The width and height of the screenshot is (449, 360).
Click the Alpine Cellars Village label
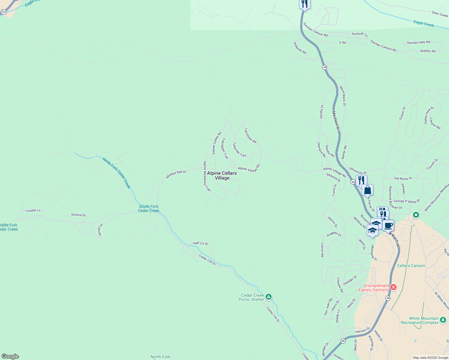point(222,175)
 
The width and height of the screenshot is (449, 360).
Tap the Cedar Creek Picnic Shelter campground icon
point(269,297)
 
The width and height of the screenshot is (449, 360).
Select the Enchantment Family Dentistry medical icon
point(393,287)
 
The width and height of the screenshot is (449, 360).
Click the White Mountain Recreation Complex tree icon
point(443,320)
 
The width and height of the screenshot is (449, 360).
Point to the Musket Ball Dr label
point(176,174)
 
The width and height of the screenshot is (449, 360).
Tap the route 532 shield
point(4,12)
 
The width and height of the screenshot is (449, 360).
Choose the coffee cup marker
point(388,226)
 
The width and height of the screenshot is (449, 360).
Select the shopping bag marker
point(367,190)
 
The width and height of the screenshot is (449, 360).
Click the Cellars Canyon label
point(411,265)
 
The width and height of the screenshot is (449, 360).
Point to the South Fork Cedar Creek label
point(149,208)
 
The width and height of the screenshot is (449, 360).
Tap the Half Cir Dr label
point(200,243)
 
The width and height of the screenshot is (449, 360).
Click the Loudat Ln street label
point(33,210)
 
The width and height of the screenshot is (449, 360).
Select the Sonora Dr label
point(78,215)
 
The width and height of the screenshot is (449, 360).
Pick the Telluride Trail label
point(239,149)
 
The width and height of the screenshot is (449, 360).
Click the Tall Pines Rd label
point(250,136)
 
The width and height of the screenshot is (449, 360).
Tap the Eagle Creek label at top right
point(424,23)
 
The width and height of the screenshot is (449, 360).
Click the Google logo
point(10,356)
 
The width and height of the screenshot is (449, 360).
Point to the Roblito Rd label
point(428,51)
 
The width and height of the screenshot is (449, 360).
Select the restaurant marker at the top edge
point(304,4)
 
